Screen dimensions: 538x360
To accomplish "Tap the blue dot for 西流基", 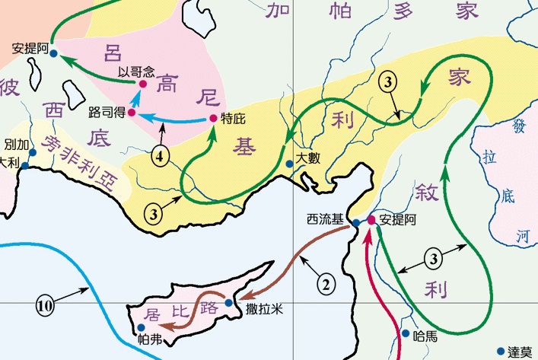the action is tap(355, 223).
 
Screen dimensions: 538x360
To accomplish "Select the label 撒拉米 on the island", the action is tap(263, 309).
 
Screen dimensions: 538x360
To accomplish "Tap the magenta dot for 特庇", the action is tap(213, 118).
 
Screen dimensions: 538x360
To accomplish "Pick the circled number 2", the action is tap(325, 285).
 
